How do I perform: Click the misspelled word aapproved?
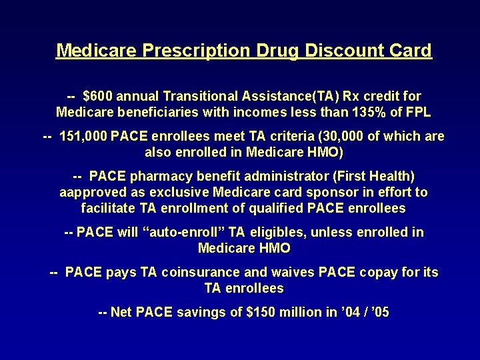pos(92,193)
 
